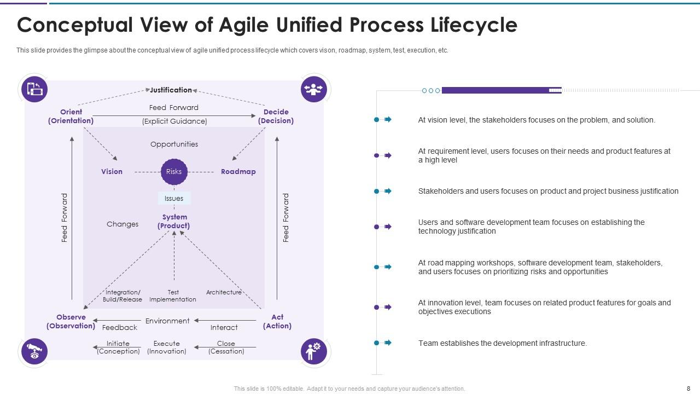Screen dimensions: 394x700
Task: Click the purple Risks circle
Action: pos(174,172)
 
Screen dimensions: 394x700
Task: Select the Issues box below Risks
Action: pos(174,198)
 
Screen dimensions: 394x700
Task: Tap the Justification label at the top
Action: pos(171,90)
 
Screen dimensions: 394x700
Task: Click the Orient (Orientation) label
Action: pos(71,116)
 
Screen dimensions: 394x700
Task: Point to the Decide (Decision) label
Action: pos(276,116)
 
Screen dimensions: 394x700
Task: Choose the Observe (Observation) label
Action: pos(71,321)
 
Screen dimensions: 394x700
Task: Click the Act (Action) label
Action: pos(277,321)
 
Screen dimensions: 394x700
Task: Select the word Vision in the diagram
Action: pos(112,172)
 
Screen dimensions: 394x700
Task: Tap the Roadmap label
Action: pos(238,172)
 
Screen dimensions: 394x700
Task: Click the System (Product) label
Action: pos(174,221)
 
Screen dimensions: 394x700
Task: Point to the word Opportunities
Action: pos(174,144)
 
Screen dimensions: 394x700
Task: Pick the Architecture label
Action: pos(224,292)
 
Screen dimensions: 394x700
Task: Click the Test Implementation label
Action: pos(173,296)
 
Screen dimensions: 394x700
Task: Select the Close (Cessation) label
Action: pos(226,347)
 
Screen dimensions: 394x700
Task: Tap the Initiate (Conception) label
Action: pos(118,347)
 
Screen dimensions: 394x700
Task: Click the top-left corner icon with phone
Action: pos(34,89)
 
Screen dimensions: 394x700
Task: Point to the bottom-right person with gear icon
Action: pos(314,351)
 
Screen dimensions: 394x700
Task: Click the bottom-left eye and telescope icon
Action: pos(34,351)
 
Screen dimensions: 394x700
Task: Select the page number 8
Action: pos(688,389)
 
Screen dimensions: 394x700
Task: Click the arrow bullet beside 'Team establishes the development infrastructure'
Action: pos(388,343)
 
